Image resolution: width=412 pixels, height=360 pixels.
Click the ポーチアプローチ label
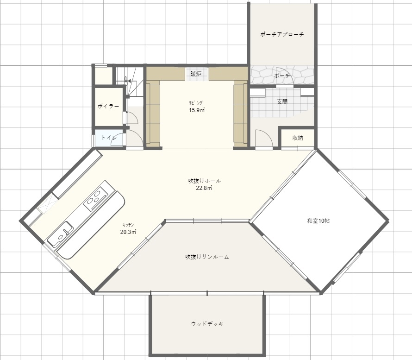[x=282, y=34]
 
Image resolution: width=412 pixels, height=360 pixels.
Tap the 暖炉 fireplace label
[x=196, y=74]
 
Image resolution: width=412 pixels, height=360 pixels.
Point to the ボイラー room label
[x=108, y=106]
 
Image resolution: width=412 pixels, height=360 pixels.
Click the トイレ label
[x=109, y=138]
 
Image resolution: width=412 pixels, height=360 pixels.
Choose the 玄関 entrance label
[x=282, y=101]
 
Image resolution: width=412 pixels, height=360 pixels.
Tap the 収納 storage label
[x=298, y=138]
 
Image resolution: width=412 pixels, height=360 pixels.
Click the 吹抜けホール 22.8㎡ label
[x=205, y=184]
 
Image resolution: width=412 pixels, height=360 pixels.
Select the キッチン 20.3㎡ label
[x=128, y=228]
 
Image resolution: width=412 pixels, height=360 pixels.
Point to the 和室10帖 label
[x=318, y=221]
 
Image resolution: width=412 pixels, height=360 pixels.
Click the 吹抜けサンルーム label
[x=207, y=257]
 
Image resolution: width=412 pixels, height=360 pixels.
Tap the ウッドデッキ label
[x=207, y=324]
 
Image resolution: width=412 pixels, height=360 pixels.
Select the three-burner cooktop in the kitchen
[x=95, y=198]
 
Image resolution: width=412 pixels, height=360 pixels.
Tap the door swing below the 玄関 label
[x=264, y=138]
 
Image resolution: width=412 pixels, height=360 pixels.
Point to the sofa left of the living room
[x=153, y=114]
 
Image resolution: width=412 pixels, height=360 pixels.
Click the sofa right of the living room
[x=241, y=114]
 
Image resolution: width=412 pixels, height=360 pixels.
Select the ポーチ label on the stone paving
[x=282, y=76]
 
